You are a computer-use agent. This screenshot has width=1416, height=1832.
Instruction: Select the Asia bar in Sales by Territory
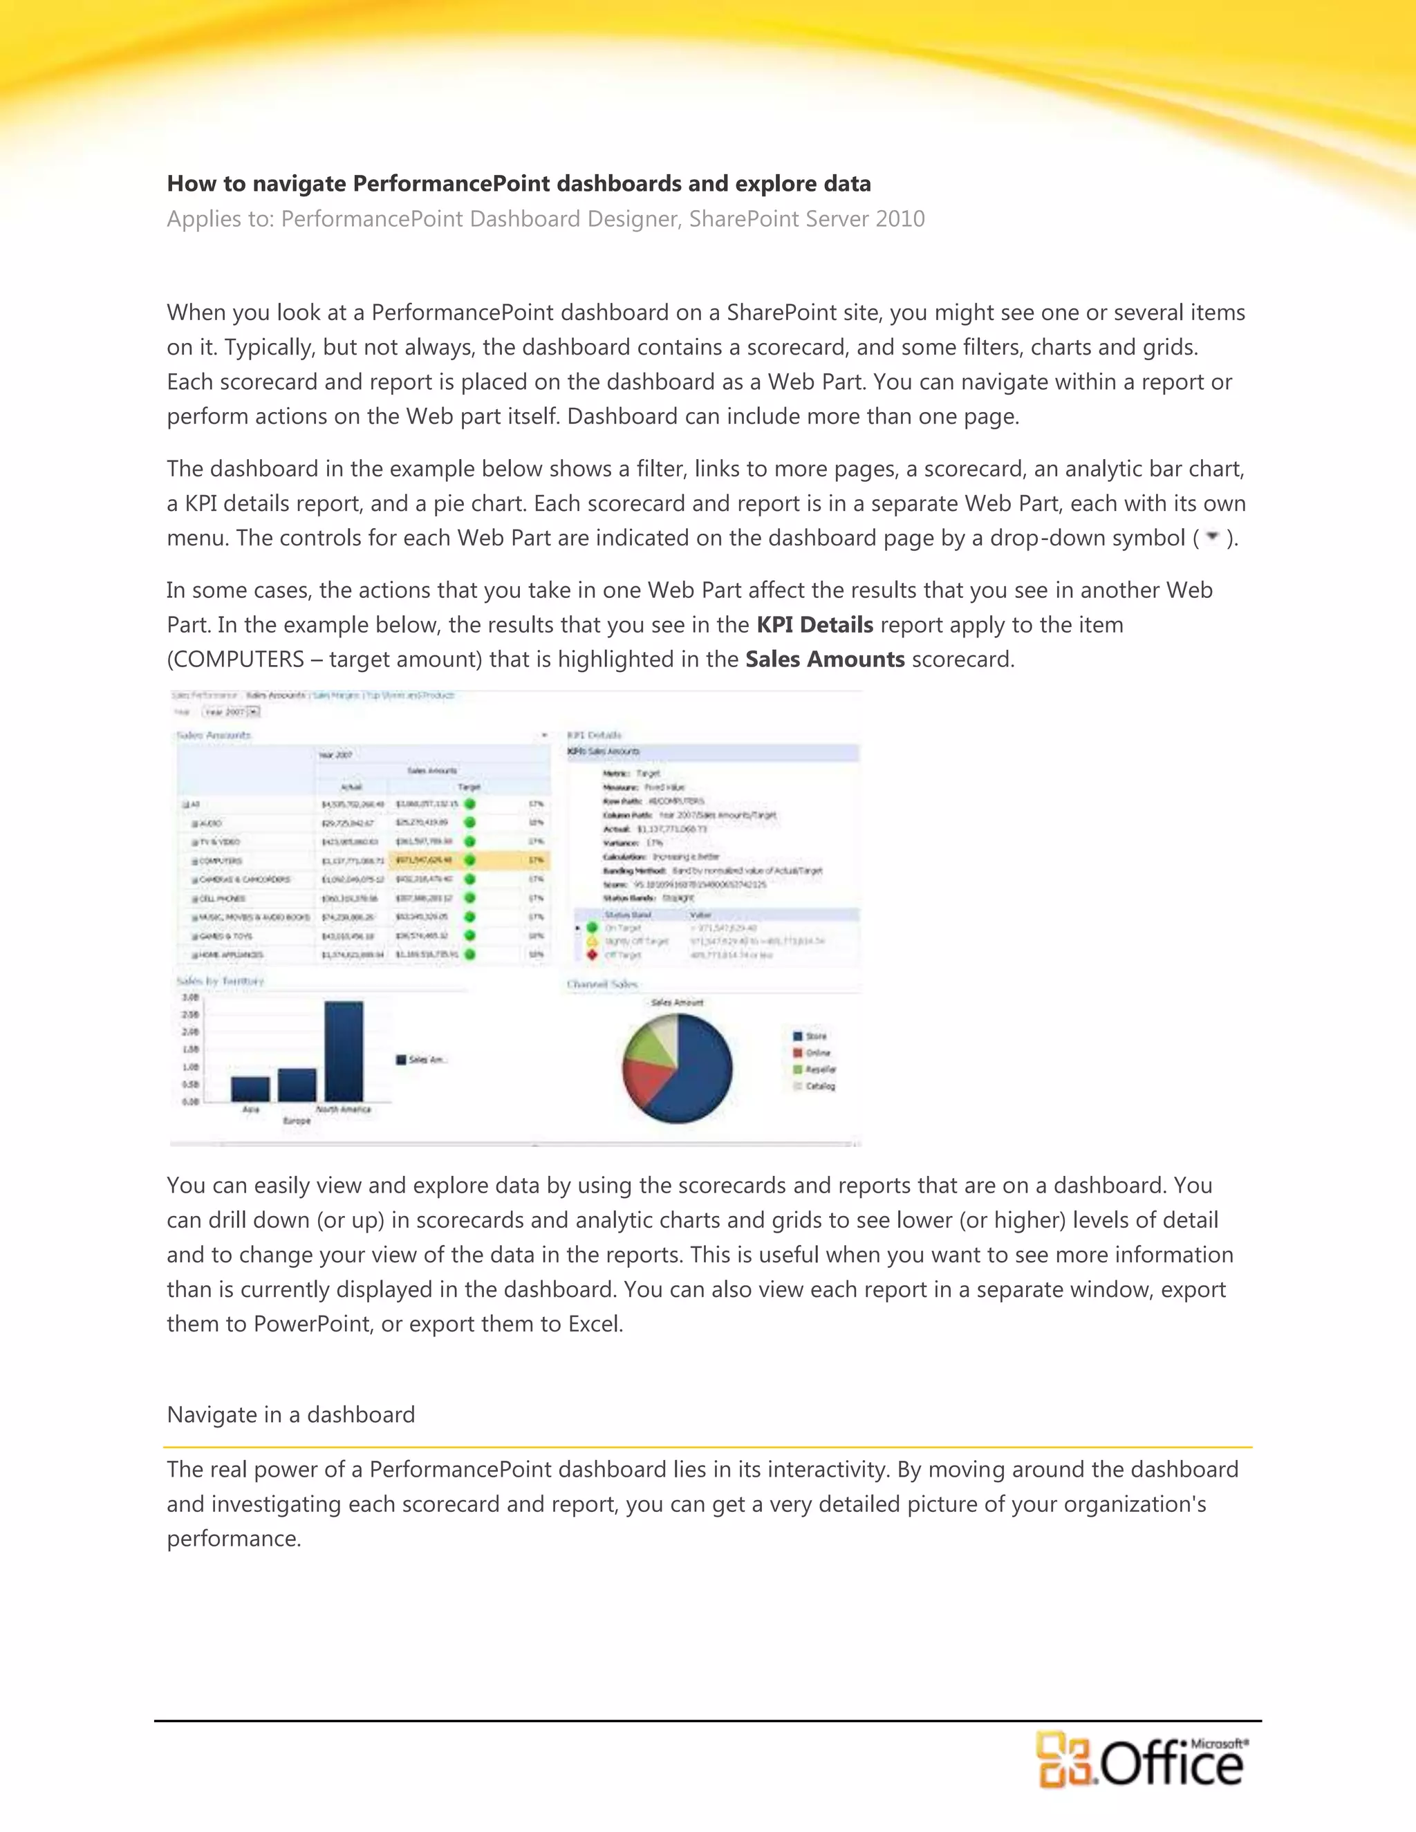[x=250, y=1089]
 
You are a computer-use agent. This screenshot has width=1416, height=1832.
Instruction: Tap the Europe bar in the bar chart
[x=297, y=1085]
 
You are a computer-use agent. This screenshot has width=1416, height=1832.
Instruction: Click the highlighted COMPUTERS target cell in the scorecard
[x=425, y=860]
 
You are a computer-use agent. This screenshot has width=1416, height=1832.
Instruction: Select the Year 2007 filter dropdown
[x=232, y=711]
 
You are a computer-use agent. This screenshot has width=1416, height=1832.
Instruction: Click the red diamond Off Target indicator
[x=593, y=955]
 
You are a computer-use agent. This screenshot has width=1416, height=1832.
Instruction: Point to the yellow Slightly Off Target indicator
[x=593, y=941]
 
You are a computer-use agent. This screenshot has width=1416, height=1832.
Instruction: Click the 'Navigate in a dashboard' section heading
[x=291, y=1415]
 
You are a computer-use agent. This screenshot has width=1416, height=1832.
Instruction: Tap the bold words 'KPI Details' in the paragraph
[x=814, y=625]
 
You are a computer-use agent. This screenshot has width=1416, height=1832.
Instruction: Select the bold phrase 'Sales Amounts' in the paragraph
[x=825, y=660]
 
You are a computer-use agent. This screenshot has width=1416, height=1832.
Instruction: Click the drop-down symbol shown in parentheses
[x=1211, y=537]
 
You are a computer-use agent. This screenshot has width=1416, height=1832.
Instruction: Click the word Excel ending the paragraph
[x=595, y=1325]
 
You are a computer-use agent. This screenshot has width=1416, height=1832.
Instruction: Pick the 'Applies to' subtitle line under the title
[x=546, y=219]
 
